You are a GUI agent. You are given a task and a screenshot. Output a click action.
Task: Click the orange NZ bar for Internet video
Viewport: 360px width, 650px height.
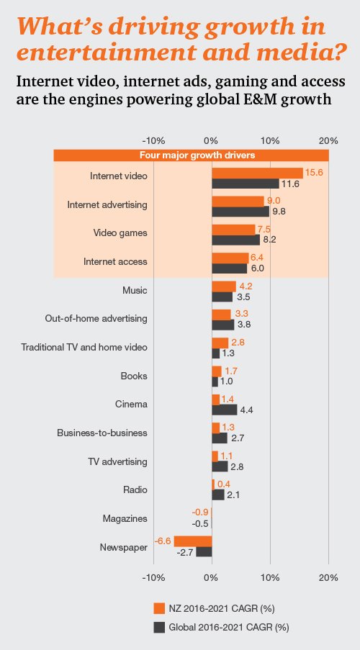pos(257,173)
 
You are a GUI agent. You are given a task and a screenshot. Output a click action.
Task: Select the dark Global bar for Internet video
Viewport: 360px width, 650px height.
pos(246,184)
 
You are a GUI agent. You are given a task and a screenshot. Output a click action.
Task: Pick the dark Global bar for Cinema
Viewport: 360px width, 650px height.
pos(224,410)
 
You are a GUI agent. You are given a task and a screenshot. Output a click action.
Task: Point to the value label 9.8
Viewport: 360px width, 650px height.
pos(279,212)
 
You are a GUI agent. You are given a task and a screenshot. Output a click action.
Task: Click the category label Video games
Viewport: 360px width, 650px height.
pos(120,233)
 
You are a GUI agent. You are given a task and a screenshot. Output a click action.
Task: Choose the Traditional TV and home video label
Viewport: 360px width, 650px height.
pos(84,347)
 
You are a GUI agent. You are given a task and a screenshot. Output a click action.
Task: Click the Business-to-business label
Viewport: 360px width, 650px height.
pos(102,433)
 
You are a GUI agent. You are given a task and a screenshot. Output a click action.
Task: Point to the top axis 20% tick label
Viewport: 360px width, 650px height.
pos(328,140)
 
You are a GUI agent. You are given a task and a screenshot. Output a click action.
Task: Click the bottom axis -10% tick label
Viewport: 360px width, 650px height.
pos(154,577)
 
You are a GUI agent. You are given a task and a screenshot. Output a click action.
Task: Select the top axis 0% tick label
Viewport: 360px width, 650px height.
pos(211,140)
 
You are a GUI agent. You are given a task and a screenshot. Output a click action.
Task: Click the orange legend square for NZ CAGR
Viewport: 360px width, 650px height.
pos(159,606)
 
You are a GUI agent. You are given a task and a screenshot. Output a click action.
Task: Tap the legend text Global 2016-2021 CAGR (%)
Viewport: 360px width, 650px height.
pos(228,627)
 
